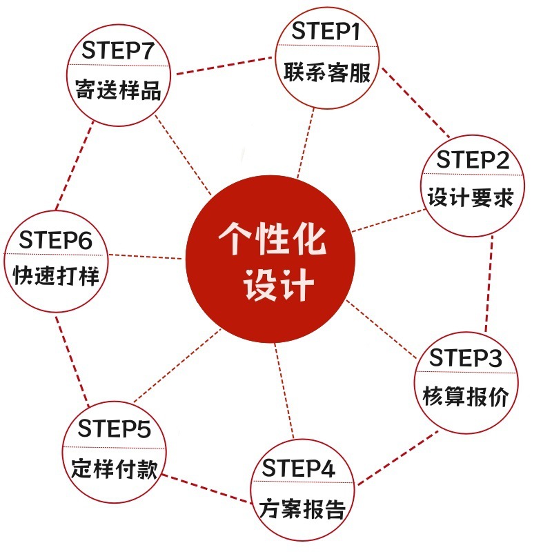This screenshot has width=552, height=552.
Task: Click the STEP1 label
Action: point(326,31)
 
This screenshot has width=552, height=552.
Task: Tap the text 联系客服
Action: point(326,72)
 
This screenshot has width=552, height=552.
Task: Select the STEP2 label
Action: point(473,160)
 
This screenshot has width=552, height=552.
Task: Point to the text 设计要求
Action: point(470,199)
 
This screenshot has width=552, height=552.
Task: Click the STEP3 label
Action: point(466,358)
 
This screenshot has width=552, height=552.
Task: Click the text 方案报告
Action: point(302,510)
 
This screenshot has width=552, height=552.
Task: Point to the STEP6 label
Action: point(55,240)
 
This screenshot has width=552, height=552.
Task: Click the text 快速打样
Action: point(57,277)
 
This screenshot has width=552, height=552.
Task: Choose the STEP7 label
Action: point(117,50)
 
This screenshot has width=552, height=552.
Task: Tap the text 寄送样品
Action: point(118,90)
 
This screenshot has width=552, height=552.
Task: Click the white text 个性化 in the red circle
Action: point(272,241)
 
